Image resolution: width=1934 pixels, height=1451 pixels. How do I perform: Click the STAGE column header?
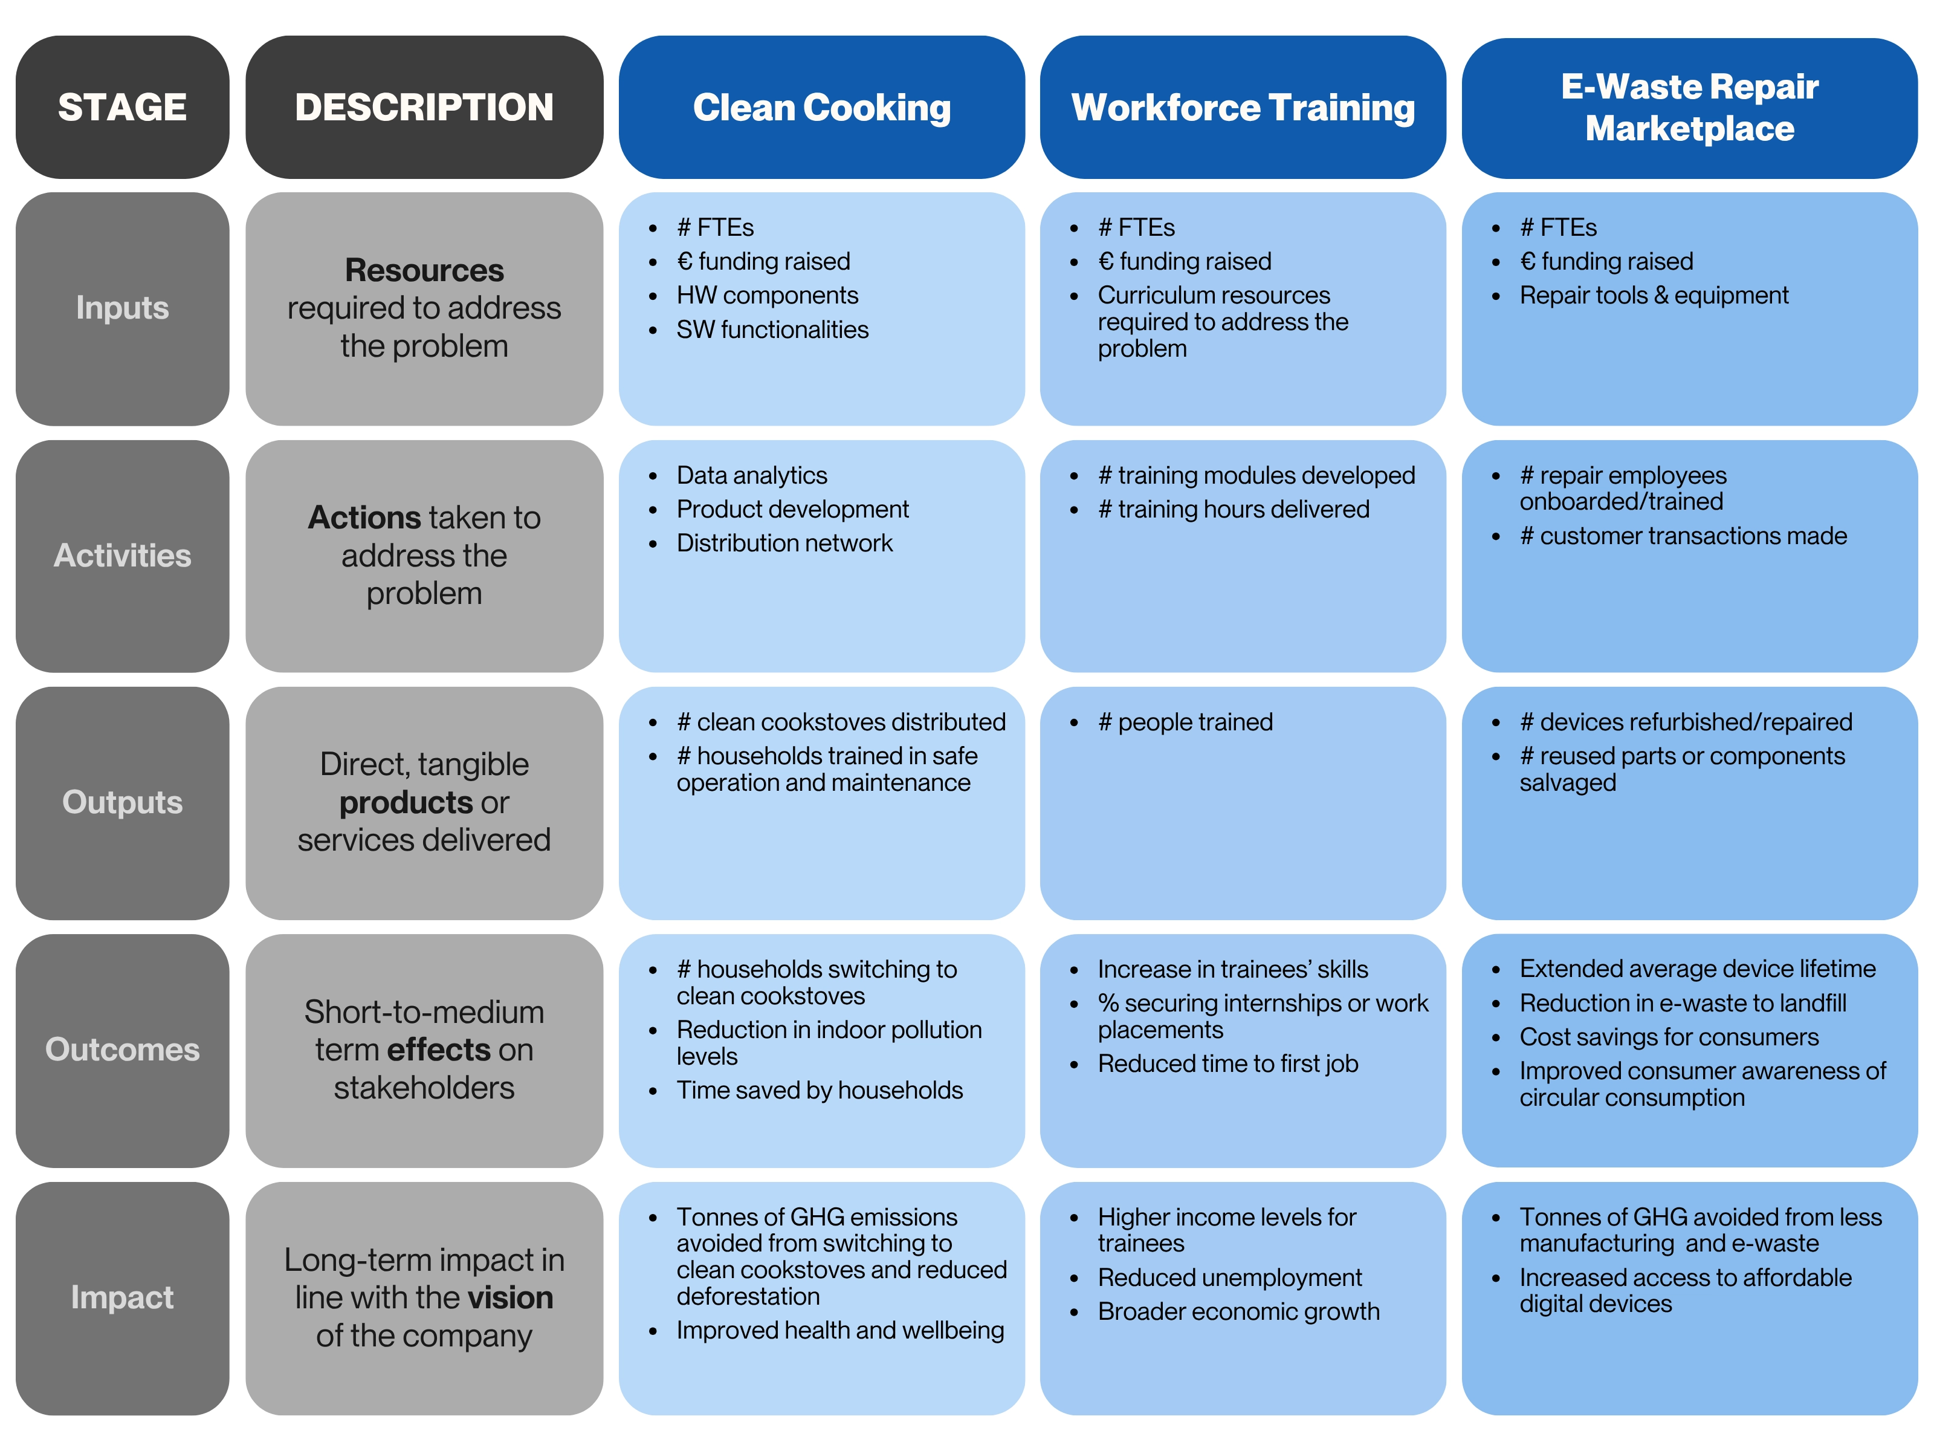[123, 106]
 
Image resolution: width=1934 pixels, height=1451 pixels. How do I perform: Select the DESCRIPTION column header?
[424, 106]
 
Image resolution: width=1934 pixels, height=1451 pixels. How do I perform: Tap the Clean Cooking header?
[822, 106]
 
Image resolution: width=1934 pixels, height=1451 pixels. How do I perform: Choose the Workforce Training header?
[1243, 106]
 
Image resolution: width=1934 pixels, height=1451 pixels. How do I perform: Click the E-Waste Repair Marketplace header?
[1689, 106]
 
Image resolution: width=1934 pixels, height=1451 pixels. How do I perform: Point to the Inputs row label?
[123, 308]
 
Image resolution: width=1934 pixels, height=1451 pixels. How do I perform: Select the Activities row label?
[123, 556]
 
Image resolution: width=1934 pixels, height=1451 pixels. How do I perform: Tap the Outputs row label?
[123, 802]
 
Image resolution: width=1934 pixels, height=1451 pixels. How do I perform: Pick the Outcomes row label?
[123, 1050]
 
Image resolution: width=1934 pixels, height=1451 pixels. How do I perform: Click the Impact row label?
[123, 1297]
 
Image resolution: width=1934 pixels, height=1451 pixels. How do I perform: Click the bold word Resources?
[424, 270]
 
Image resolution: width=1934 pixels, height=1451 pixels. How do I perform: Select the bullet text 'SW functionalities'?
[772, 329]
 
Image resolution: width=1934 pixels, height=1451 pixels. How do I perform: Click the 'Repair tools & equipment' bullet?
[1654, 296]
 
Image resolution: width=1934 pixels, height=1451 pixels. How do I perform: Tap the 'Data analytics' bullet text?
[752, 476]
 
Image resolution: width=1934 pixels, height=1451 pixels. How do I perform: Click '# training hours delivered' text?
[1234, 509]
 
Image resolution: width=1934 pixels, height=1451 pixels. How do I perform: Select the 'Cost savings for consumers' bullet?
[1669, 1037]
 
